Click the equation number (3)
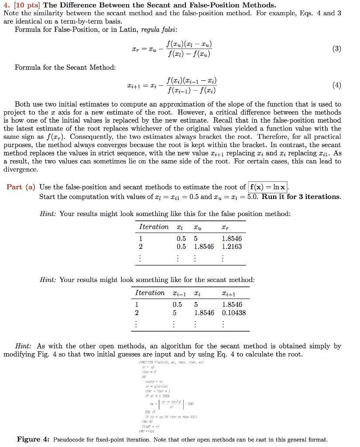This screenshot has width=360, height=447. tap(336, 49)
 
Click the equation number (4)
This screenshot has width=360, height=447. tap(336, 86)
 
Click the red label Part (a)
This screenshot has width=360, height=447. tap(21, 187)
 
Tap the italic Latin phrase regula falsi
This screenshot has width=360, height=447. tap(158, 30)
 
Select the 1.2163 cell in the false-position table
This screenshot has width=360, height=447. tap(232, 247)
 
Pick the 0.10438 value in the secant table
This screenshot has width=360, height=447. tap(234, 313)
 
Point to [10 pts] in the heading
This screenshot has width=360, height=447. tap(26, 5)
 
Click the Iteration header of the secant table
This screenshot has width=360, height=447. tap(150, 293)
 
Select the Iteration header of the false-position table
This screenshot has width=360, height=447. tap(154, 227)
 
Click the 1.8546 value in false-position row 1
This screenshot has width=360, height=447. tap(232, 239)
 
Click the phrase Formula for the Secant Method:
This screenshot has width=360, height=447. tap(65, 67)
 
